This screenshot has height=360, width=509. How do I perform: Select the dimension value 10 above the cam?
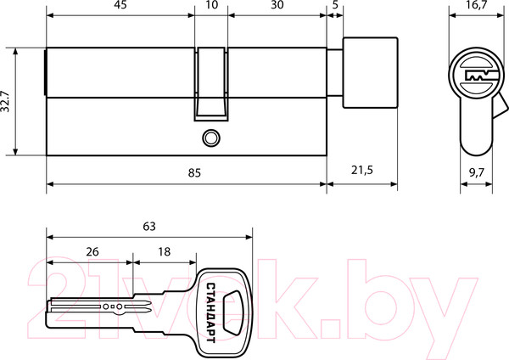pos(211,6)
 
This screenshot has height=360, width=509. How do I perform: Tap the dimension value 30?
pos(277,6)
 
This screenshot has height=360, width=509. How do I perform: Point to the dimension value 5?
pos(337,6)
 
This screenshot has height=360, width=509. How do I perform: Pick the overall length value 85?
pos(194,172)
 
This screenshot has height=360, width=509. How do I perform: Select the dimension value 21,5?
pos(362,172)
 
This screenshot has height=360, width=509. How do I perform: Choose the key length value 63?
pos(149,227)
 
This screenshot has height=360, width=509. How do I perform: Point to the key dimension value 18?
pos(164,251)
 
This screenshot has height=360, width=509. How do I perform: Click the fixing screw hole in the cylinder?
pos(209,137)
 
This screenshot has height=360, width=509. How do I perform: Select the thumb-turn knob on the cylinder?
pos(370,72)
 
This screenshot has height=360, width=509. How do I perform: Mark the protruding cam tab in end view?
pos(501,110)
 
